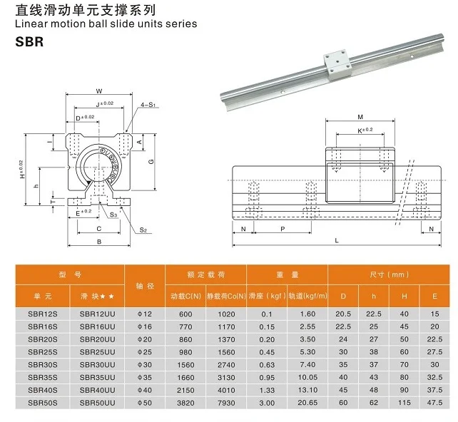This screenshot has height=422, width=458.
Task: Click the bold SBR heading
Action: click(x=29, y=41)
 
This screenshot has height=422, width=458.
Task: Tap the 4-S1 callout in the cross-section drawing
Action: click(x=148, y=105)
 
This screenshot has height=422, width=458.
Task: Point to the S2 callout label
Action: click(x=143, y=230)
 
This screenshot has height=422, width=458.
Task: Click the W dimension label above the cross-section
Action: click(x=99, y=91)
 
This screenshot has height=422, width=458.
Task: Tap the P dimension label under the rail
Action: click(x=283, y=229)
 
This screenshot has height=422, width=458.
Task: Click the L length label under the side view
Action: click(x=336, y=241)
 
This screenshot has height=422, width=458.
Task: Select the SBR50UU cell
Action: click(x=97, y=403)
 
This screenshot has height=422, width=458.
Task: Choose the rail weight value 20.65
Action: click(x=307, y=403)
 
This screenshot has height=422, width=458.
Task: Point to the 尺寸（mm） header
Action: click(x=389, y=274)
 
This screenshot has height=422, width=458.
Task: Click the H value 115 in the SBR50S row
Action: click(x=404, y=403)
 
